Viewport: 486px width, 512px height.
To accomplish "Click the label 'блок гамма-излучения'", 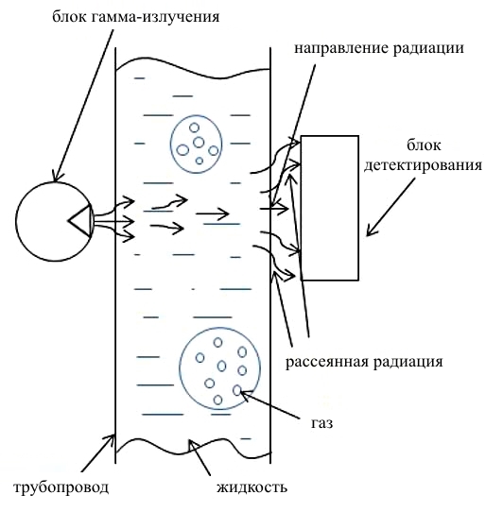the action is [135, 16].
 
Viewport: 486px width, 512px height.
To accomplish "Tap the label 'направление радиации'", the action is [379, 48].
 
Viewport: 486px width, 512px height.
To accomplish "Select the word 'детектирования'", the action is [424, 165].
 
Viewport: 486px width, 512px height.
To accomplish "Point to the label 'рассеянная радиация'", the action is [364, 362].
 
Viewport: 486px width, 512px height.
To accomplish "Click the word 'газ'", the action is [321, 423].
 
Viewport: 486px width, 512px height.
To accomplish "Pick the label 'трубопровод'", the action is [61, 487].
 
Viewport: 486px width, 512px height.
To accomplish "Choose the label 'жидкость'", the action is [252, 487].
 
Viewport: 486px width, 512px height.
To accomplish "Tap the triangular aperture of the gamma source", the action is [80, 221].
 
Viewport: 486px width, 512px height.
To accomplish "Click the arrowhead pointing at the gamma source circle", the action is [55, 177].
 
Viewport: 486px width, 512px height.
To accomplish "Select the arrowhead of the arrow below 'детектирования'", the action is [370, 231].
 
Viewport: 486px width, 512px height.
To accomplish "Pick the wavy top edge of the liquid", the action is [193, 69].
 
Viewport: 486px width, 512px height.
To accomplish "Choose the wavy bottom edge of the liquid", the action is [193, 446].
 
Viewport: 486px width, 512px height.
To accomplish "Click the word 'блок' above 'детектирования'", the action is [424, 145].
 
